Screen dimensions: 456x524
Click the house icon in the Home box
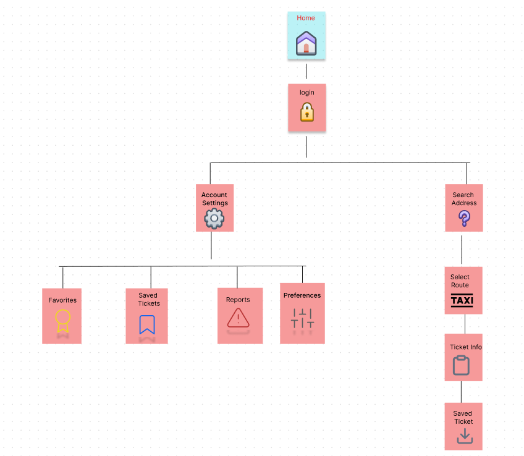[306, 43]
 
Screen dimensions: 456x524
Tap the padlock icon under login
[306, 112]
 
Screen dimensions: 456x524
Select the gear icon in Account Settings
[214, 219]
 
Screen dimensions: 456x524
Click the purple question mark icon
[464, 218]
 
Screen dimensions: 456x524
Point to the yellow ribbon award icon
[62, 321]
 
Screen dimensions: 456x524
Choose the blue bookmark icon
[147, 324]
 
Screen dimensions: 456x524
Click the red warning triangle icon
[238, 318]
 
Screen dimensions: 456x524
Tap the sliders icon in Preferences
[302, 318]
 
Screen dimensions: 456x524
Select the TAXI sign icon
[462, 301]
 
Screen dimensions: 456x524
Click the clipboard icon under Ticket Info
[461, 365]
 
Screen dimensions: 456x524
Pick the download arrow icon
[464, 437]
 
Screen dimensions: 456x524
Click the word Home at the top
[306, 18]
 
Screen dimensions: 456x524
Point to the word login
[306, 93]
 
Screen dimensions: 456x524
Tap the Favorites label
[62, 300]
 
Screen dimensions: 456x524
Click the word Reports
[238, 300]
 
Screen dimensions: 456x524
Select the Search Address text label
[463, 199]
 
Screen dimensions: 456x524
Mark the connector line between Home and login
[306, 71]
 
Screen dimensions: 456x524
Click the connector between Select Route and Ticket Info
[465, 324]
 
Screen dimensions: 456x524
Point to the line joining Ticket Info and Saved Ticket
[461, 392]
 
